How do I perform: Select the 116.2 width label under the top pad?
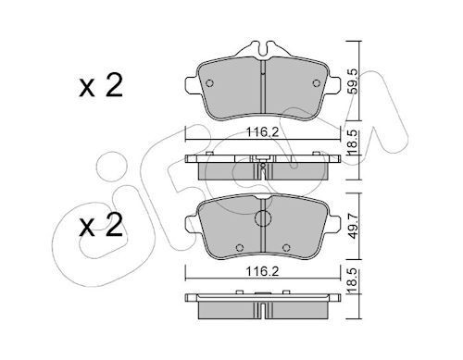point(263,132)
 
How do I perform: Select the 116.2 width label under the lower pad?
point(263,271)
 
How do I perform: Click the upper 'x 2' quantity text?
point(101,85)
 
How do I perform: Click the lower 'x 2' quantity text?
point(101,225)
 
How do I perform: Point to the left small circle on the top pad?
point(209,83)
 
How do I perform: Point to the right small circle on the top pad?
point(316,83)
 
